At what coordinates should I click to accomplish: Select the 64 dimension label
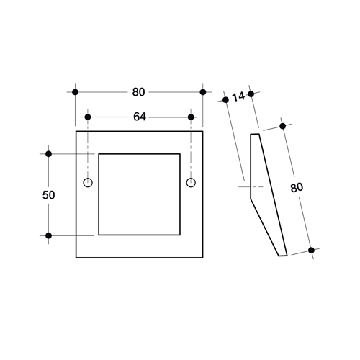pos(140,117)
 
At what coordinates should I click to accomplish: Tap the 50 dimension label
pos(48,195)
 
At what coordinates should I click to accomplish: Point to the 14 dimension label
pos(238,96)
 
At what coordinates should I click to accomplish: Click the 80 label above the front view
pos(138,92)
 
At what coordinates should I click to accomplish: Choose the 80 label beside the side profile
pos(297,188)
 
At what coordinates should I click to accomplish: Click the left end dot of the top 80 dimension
pos(76,92)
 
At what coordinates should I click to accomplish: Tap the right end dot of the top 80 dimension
pos(203,92)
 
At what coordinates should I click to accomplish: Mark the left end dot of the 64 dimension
pos(88,117)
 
